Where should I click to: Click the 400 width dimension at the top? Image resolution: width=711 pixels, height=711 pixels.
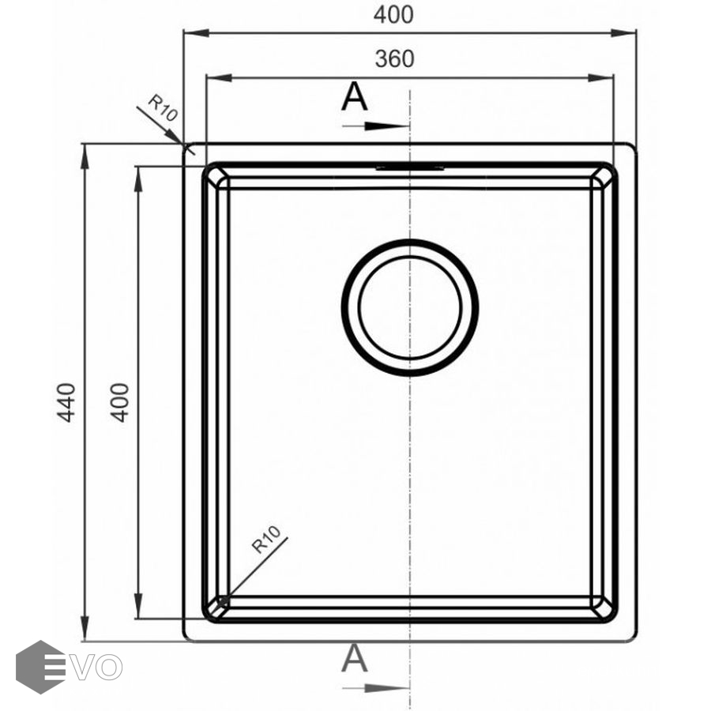tap(393, 14)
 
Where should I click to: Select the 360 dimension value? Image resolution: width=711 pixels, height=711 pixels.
tap(394, 59)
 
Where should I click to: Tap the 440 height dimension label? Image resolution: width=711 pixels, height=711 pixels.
tap(66, 403)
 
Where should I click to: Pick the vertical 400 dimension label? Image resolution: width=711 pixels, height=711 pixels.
tap(120, 403)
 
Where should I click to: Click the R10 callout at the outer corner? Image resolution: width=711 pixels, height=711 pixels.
tap(163, 108)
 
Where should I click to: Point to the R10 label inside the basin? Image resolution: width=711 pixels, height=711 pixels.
tap(267, 540)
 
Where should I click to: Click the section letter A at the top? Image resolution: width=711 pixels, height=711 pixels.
tap(354, 96)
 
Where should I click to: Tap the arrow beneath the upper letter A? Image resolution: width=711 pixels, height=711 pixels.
tap(376, 126)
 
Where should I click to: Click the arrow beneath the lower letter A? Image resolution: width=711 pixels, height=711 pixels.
tap(376, 688)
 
